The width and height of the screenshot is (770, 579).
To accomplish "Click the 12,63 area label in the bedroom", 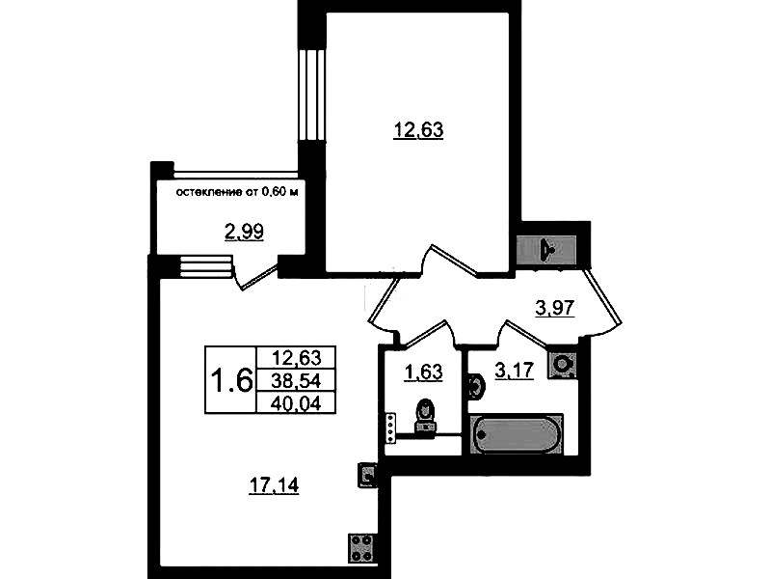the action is pyautogui.click(x=418, y=130).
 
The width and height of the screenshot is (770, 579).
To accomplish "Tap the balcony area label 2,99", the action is pyautogui.click(x=244, y=232).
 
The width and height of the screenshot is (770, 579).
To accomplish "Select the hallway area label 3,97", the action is pyautogui.click(x=554, y=308).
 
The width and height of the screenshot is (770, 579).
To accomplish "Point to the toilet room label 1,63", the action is pyautogui.click(x=423, y=372).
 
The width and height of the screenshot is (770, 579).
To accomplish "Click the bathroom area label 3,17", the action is pyautogui.click(x=515, y=370).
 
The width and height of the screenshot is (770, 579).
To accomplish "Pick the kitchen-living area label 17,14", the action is pyautogui.click(x=274, y=485).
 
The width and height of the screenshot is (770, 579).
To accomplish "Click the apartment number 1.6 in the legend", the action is pyautogui.click(x=230, y=380).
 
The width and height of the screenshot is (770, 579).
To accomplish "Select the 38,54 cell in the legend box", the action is pyautogui.click(x=296, y=380).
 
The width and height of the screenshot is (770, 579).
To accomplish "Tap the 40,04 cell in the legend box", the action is pyautogui.click(x=296, y=403).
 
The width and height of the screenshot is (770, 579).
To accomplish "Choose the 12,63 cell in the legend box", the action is pyautogui.click(x=296, y=357).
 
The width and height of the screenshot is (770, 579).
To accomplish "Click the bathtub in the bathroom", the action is pyautogui.click(x=517, y=434).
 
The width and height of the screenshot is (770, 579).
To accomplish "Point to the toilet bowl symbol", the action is pyautogui.click(x=425, y=417).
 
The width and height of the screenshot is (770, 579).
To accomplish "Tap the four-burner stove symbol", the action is pyautogui.click(x=362, y=548).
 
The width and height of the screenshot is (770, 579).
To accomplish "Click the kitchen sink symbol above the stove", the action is pyautogui.click(x=367, y=475).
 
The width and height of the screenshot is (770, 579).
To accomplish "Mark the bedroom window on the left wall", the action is pyautogui.click(x=312, y=96).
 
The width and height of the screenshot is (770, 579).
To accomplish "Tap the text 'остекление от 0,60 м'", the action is pyautogui.click(x=237, y=192).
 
